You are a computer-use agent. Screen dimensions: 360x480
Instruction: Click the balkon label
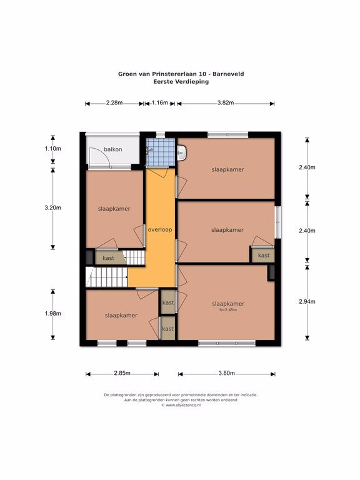(113, 149)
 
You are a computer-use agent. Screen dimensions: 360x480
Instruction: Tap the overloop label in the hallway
(160, 229)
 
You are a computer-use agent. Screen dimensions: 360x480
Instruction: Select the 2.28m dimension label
(114, 103)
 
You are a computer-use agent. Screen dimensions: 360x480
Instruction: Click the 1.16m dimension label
(160, 103)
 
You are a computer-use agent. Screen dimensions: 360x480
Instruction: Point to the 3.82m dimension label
(226, 103)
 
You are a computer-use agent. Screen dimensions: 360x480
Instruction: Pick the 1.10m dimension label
(53, 149)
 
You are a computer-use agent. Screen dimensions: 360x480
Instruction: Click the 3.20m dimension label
(53, 208)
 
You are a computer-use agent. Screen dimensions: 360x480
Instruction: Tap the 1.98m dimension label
(53, 314)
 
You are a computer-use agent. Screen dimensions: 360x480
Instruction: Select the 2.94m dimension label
(307, 301)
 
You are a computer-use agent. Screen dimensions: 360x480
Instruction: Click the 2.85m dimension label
(122, 373)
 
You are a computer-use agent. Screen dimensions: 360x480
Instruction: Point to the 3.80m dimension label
(226, 373)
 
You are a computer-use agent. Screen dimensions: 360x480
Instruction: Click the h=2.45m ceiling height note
(228, 309)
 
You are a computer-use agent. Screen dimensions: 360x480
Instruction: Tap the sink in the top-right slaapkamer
(181, 152)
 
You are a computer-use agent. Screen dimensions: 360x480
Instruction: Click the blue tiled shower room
(161, 152)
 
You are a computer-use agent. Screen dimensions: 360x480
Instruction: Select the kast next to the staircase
(108, 258)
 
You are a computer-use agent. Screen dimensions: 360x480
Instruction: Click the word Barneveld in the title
(228, 74)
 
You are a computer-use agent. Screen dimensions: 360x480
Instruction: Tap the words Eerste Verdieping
(181, 82)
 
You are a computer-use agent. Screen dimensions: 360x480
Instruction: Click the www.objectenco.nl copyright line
(181, 405)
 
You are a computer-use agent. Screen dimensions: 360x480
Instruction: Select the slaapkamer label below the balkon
(114, 209)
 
